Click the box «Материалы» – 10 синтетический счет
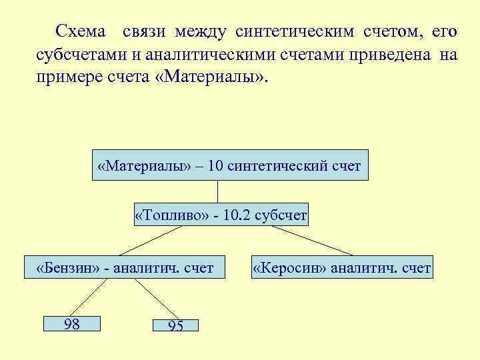[x=229, y=165]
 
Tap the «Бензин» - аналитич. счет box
[x=125, y=268]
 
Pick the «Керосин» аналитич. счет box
[x=341, y=268]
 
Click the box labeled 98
[x=71, y=324]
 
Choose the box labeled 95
[x=175, y=325]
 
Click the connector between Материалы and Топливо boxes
[x=218, y=191]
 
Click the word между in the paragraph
[x=200, y=31]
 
